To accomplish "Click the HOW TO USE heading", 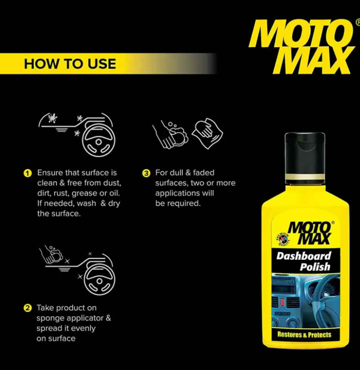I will click(x=70, y=63).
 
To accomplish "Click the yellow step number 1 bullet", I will click(x=27, y=173).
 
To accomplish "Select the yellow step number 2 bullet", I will click(x=27, y=308).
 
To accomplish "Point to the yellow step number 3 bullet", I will click(x=146, y=173).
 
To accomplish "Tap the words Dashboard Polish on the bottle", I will click(x=304, y=261).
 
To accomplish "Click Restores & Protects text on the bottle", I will click(x=304, y=335).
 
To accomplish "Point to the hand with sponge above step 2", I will click(x=51, y=254).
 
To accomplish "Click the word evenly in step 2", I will click(x=82, y=328).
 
